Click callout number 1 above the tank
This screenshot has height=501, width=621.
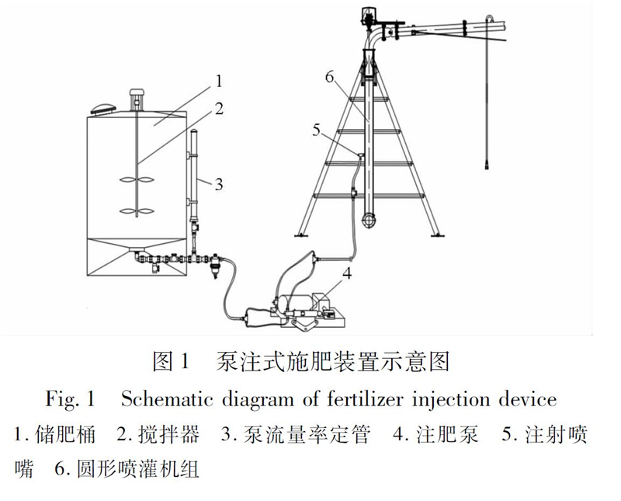pos(219,80)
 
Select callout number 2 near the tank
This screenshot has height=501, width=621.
pos(219,108)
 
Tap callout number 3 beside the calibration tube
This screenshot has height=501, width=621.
pos(219,183)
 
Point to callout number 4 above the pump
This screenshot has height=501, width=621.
pos(347,273)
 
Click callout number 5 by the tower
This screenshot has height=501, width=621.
pos(316,130)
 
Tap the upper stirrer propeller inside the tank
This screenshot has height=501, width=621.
pos(137,180)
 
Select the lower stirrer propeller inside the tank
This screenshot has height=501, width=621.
pos(137,209)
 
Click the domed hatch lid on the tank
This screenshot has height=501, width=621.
pos(102,110)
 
